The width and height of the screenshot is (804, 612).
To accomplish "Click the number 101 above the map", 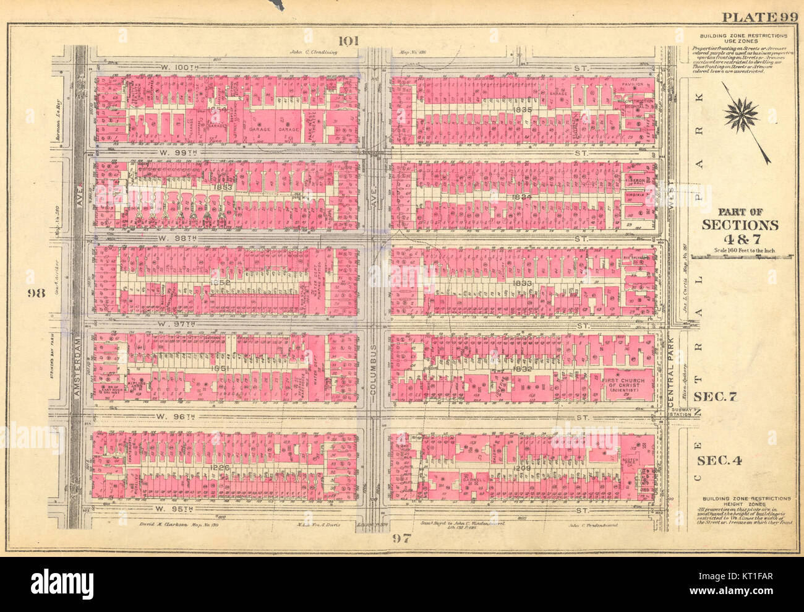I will click(x=348, y=41).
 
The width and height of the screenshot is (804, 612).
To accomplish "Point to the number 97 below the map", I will click(x=401, y=538).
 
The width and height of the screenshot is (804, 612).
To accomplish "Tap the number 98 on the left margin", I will click(x=36, y=292).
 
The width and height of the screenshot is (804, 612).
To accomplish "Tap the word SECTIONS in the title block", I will click(x=739, y=225).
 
